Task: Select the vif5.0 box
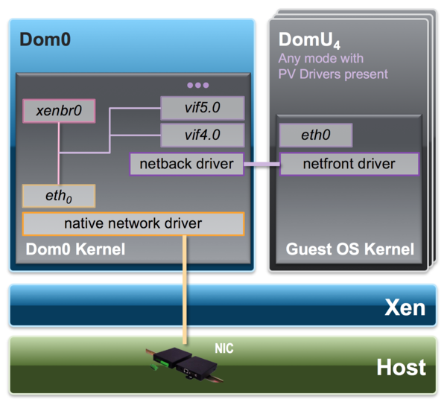point(203,108)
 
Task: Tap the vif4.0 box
point(203,135)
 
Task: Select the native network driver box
point(133,223)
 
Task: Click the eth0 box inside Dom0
point(58,196)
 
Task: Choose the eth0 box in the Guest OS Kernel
point(315,135)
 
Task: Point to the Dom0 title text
point(45,39)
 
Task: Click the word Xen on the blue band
point(404,307)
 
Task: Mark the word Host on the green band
point(401,367)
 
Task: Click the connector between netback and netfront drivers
point(261,164)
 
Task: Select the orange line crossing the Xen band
point(183,305)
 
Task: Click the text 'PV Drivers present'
point(333,74)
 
